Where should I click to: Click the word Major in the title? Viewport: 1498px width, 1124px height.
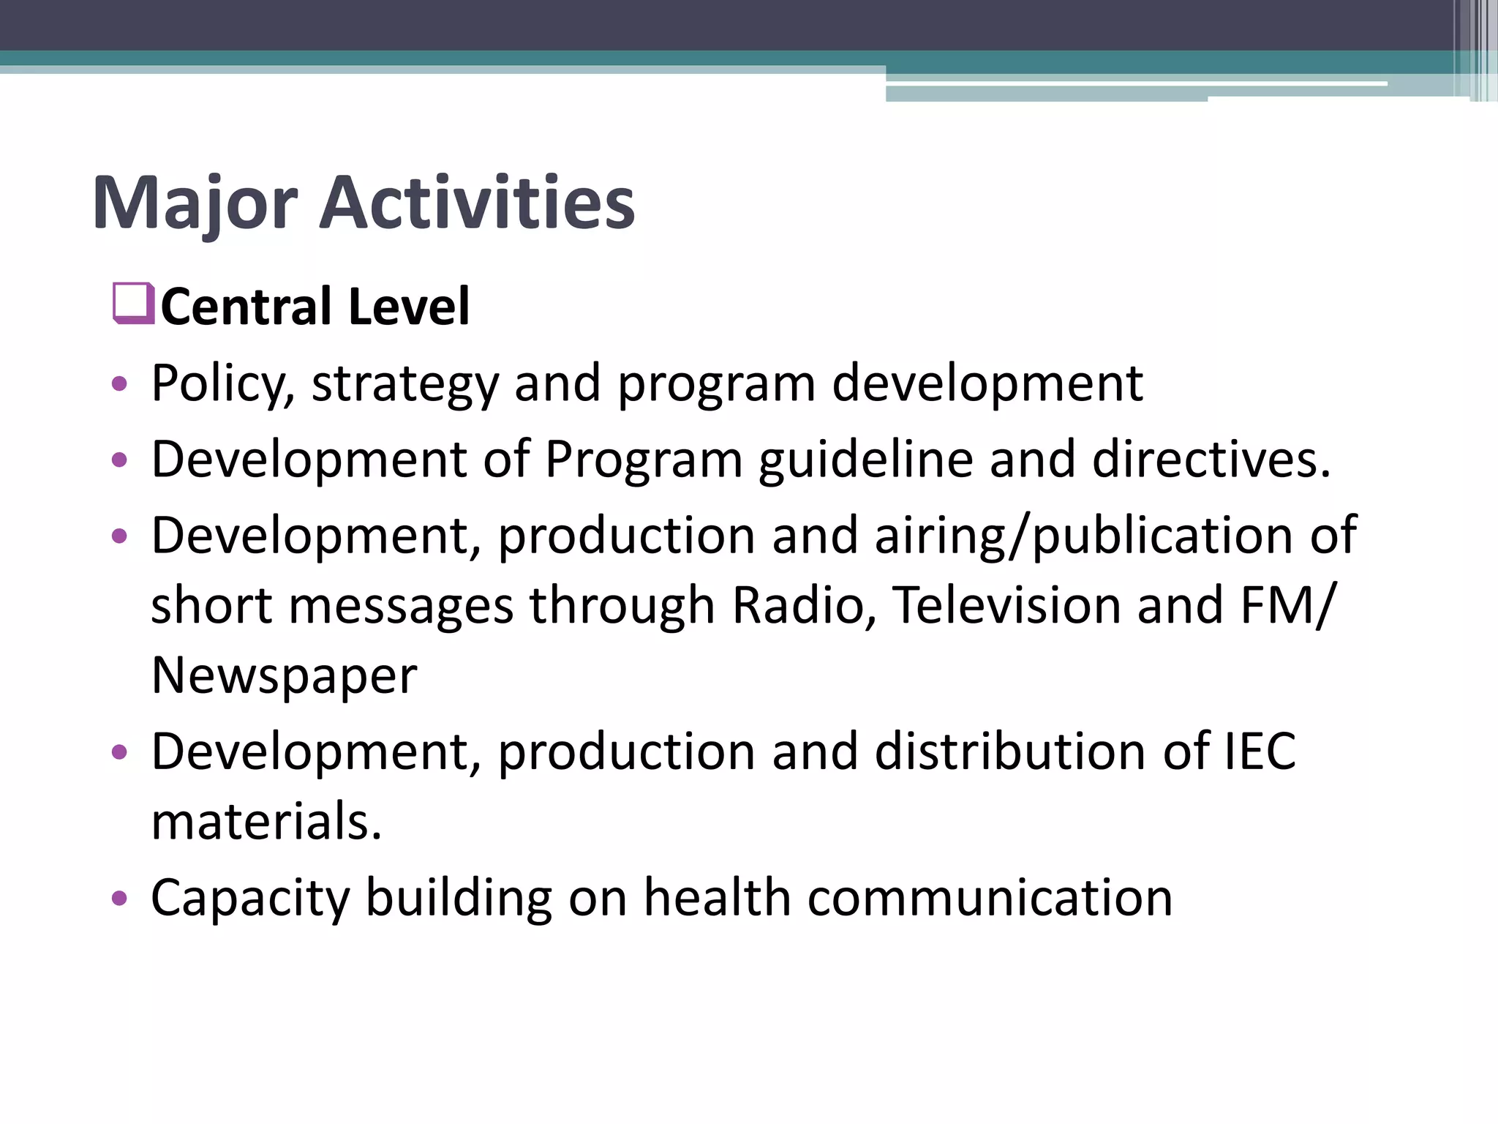pos(195,203)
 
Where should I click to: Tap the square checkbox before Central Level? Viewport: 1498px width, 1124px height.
pos(133,303)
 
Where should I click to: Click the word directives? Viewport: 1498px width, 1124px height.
pos(1211,460)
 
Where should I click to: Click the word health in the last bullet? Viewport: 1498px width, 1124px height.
pos(717,898)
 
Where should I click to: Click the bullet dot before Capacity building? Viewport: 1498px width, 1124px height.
pos(119,899)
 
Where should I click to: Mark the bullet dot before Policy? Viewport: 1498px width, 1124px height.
pos(119,383)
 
